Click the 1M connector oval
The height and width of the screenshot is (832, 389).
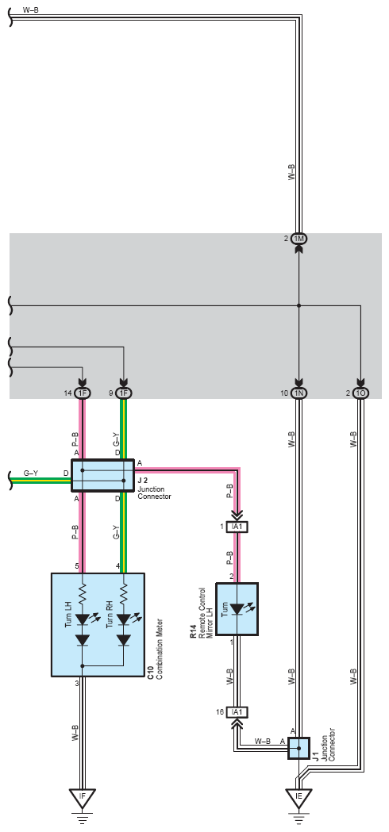[298, 239]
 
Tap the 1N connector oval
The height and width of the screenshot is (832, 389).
[298, 393]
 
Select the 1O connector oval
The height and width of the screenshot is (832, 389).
[360, 393]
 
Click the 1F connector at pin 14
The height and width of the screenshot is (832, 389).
[82, 393]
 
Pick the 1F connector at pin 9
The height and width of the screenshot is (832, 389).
[123, 393]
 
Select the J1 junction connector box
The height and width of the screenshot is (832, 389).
[298, 748]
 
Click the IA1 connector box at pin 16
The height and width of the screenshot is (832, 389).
[237, 711]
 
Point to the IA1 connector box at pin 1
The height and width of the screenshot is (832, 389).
[237, 527]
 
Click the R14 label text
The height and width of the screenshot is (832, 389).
[194, 631]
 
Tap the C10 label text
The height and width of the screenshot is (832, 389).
[151, 673]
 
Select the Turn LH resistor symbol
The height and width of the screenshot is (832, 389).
[82, 593]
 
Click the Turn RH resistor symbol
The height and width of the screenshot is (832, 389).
[123, 593]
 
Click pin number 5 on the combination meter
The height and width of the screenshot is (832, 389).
[77, 566]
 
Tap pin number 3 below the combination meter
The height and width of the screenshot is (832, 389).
[77, 684]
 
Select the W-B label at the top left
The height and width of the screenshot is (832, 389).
[31, 10]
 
